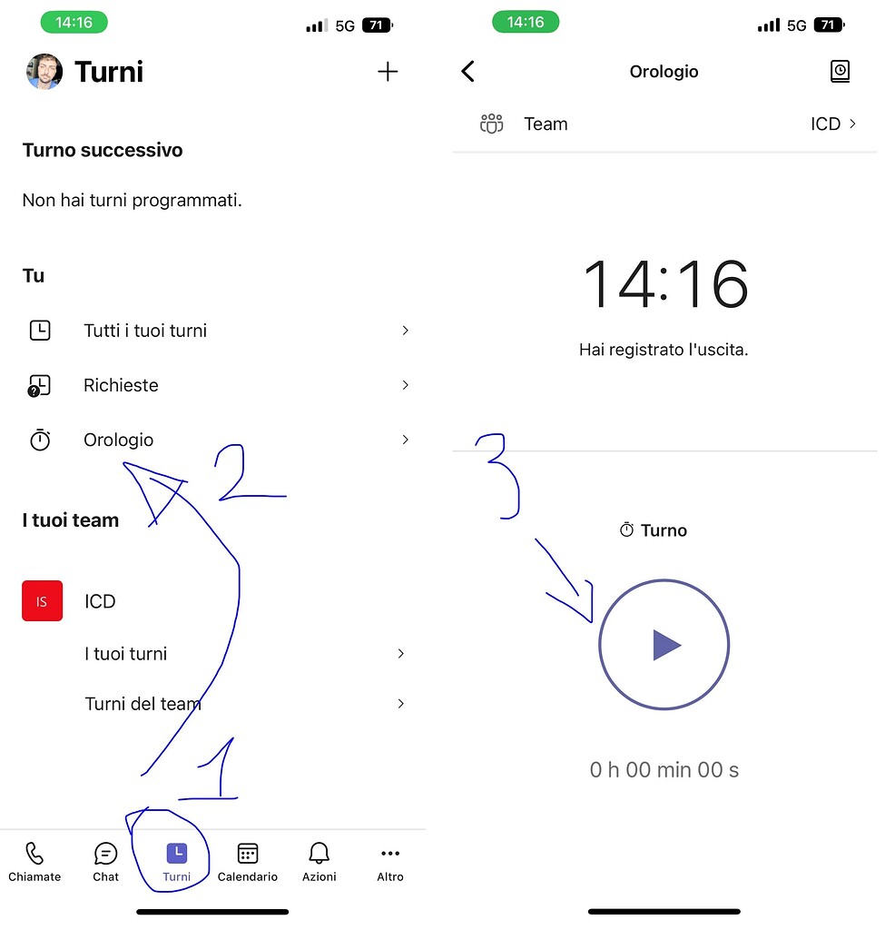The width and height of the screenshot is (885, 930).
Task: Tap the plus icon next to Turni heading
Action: pos(388,72)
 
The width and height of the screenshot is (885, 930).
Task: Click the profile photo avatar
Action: pos(44,72)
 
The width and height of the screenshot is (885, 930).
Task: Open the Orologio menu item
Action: pos(119,440)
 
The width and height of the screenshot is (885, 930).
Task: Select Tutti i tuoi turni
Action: pos(145,331)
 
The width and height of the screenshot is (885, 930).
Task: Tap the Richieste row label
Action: pos(121,386)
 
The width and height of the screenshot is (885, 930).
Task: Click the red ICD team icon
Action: pos(43,601)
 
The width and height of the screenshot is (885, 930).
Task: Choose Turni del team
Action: pos(143,704)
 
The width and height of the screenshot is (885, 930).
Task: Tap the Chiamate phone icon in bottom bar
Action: pos(34,854)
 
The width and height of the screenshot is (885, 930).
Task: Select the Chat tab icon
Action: pos(106,854)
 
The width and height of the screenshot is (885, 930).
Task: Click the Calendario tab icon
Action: pos(248,854)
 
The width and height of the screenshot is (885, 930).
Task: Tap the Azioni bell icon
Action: pos(319,854)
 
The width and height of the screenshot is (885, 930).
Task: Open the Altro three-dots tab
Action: pos(390,854)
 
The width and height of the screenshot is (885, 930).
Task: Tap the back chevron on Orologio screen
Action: pos(468,72)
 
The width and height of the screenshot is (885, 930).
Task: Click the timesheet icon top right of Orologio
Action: pos(841,72)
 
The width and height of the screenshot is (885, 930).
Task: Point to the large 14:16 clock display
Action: pos(665,285)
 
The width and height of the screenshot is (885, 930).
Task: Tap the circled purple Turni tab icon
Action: pos(177,854)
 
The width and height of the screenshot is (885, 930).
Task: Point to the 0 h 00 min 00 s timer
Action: pos(664,770)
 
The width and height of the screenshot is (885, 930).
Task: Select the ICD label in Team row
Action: pos(825,124)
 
